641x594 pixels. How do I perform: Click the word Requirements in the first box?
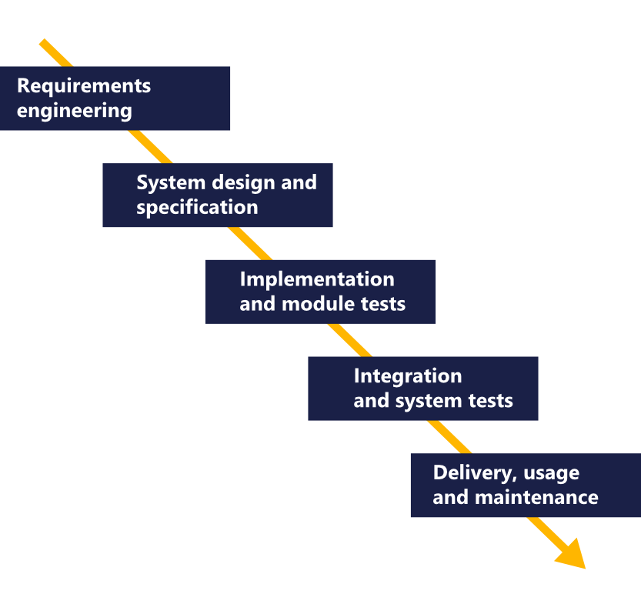pyautogui.click(x=84, y=87)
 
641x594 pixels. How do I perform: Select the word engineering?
pyautogui.click(x=75, y=111)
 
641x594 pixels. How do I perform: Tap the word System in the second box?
pyautogui.click(x=171, y=182)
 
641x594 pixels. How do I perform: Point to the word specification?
pyautogui.click(x=197, y=208)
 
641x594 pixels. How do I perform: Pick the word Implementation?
pyautogui.click(x=317, y=279)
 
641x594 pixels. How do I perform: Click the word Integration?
pyautogui.click(x=408, y=376)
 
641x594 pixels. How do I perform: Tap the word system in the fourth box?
pyautogui.click(x=429, y=401)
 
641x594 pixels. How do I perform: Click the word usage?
pyautogui.click(x=551, y=474)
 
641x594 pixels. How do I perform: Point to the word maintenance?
pyautogui.click(x=536, y=498)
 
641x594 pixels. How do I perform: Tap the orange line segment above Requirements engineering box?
pyautogui.click(x=56, y=53)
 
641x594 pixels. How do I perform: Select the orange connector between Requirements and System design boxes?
pyautogui.click(x=150, y=147)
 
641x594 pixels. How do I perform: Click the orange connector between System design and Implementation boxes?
pyautogui.click(x=250, y=243)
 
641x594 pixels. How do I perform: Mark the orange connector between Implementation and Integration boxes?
pyautogui.click(x=349, y=340)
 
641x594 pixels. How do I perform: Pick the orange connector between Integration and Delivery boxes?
pyautogui.click(x=449, y=436)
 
